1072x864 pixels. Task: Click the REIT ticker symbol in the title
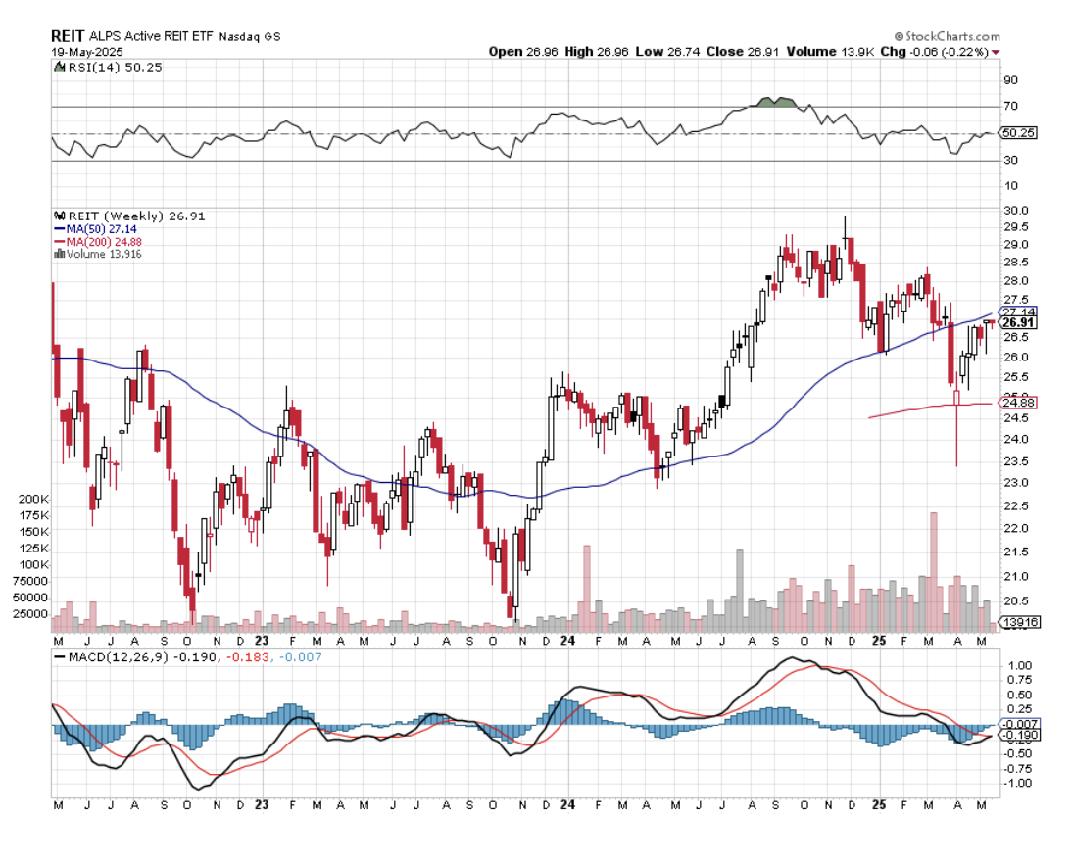coord(67,35)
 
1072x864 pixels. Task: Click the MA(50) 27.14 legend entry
coord(95,229)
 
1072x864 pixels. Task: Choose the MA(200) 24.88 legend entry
coord(98,241)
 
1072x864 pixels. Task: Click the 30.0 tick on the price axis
coord(1016,211)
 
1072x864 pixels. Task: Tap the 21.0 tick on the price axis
coord(1016,576)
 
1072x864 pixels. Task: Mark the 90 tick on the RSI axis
coord(1010,80)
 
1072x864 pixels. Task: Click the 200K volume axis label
coord(35,499)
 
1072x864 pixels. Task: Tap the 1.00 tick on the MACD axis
coord(1019,665)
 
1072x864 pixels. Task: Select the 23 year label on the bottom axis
coord(262,804)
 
